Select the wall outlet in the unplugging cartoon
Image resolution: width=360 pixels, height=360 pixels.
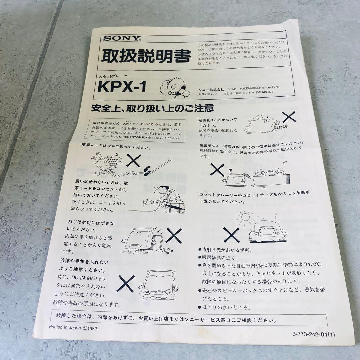point(145,202)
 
